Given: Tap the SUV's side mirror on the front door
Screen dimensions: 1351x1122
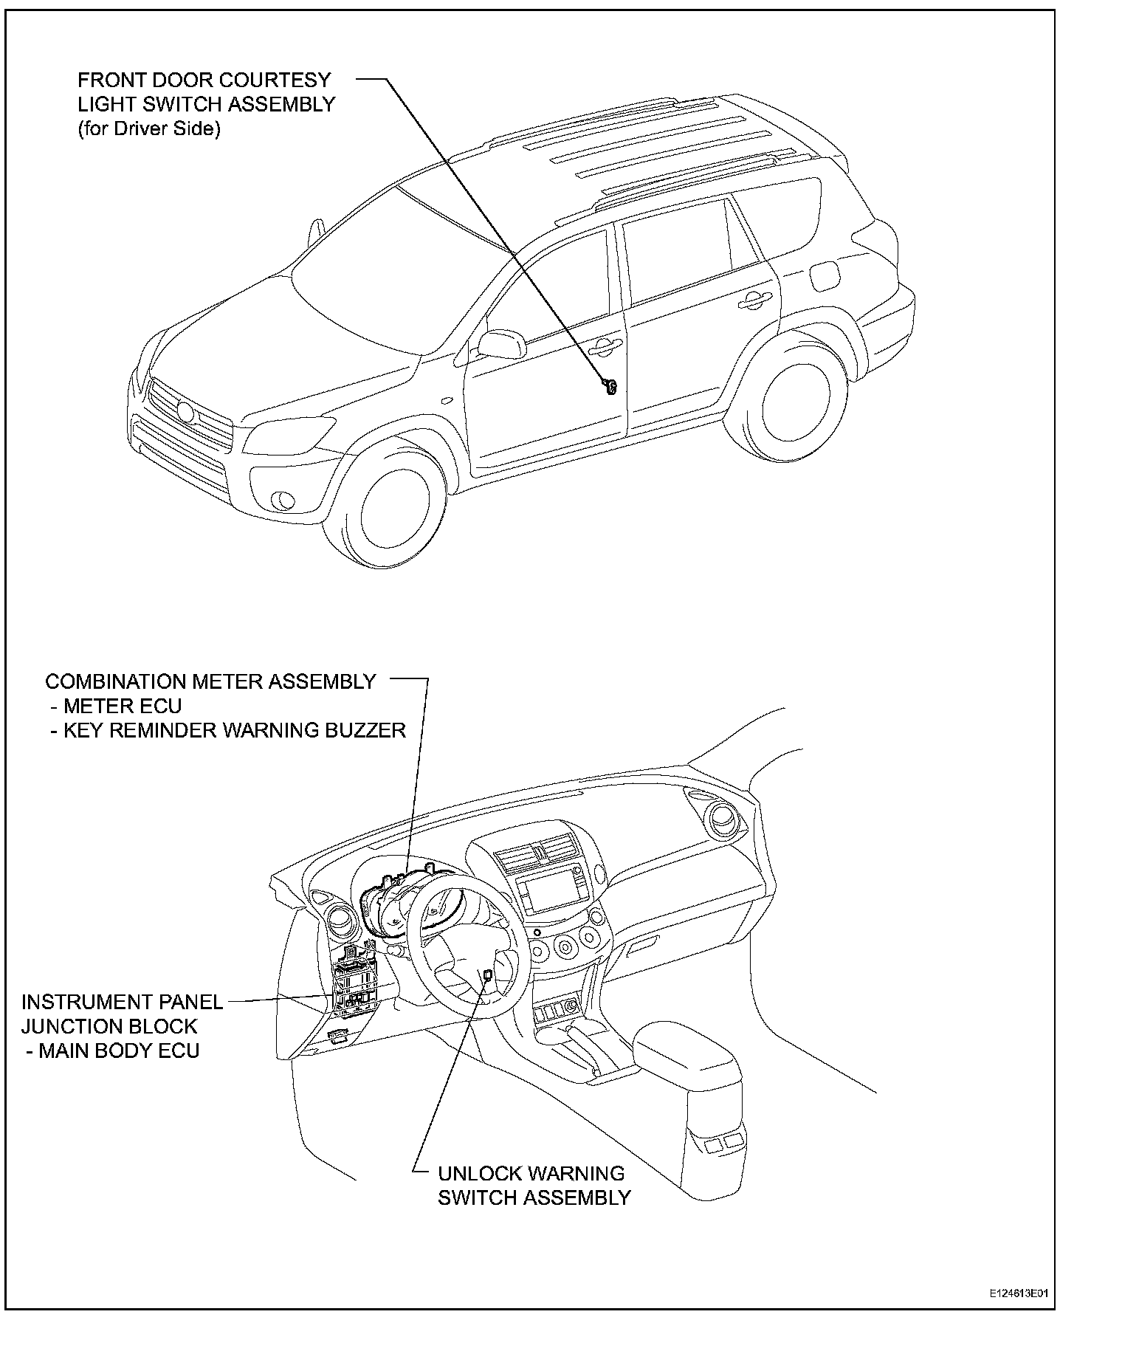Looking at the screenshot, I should click(x=499, y=345).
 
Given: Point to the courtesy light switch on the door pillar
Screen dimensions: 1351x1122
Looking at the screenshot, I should click(x=610, y=386).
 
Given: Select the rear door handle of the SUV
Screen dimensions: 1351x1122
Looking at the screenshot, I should click(x=751, y=299).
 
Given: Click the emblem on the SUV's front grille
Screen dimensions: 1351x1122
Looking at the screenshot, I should click(x=185, y=410).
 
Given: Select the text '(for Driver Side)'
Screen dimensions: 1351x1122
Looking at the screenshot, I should click(x=149, y=129).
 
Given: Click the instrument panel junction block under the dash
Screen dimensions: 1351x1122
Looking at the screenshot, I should click(x=357, y=983).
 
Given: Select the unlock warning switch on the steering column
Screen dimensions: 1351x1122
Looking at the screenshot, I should click(x=488, y=976).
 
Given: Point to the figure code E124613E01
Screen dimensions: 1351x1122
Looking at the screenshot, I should click(x=1019, y=1294).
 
